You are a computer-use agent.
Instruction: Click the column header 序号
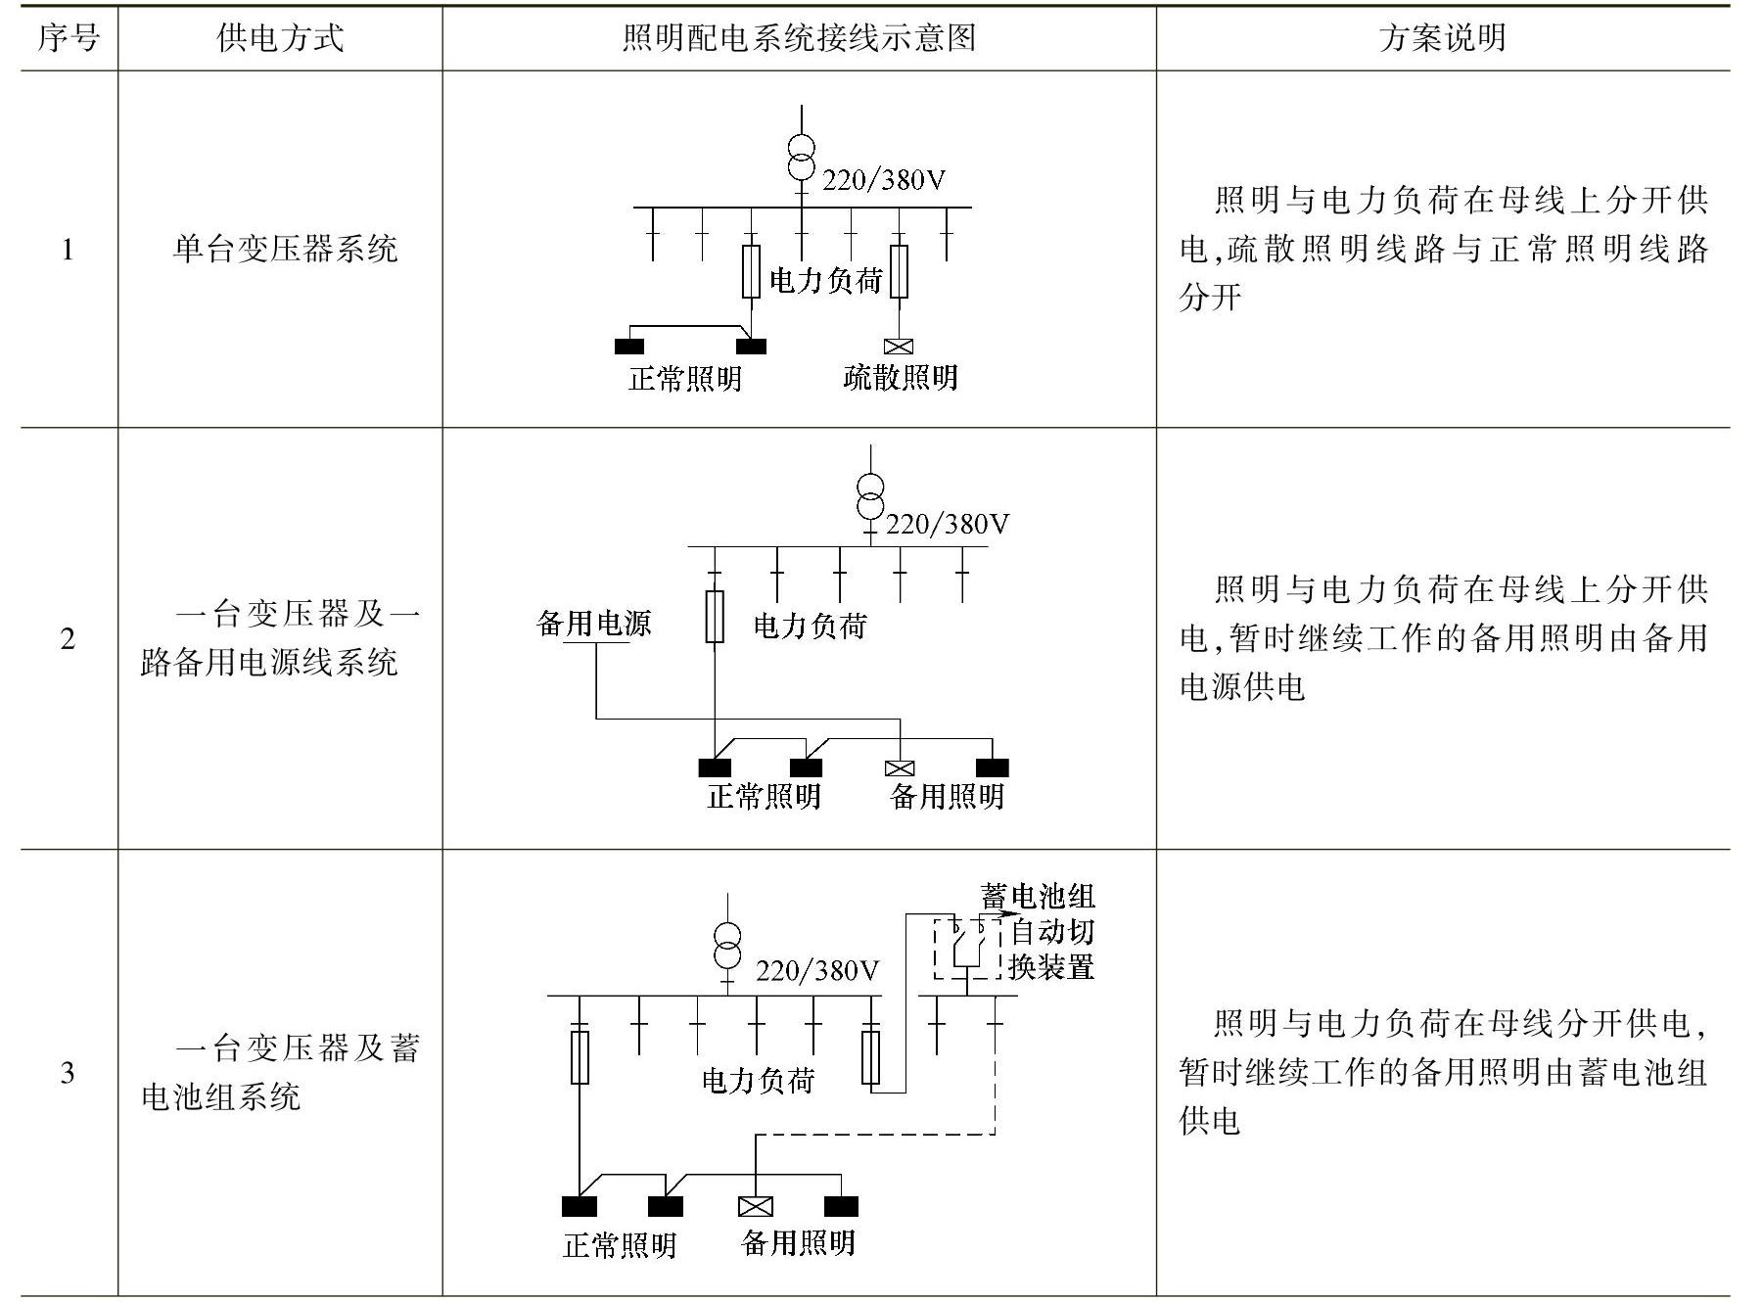[x=69, y=38]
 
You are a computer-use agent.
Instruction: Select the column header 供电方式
[x=280, y=38]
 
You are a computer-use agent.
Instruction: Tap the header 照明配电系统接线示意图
[x=799, y=38]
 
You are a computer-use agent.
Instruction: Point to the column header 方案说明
[x=1442, y=38]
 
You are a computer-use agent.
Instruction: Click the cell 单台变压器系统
[x=285, y=249]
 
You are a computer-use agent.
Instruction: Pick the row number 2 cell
[x=68, y=639]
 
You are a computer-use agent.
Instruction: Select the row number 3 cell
[x=68, y=1073]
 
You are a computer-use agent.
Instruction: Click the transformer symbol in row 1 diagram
[x=802, y=157]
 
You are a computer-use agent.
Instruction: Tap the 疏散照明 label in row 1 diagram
[x=900, y=377]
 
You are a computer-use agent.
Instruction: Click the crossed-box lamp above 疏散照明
[x=898, y=346]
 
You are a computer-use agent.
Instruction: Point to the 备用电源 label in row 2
[x=594, y=624]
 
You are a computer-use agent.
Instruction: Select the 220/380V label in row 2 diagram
[x=947, y=526]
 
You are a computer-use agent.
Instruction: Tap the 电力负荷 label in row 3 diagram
[x=759, y=1081]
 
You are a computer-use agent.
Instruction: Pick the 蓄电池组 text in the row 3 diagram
[x=1038, y=895]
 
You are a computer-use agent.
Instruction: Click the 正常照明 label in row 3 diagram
[x=620, y=1245]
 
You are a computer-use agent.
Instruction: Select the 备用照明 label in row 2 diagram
[x=947, y=796]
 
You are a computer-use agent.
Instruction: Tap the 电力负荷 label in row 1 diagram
[x=826, y=281]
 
